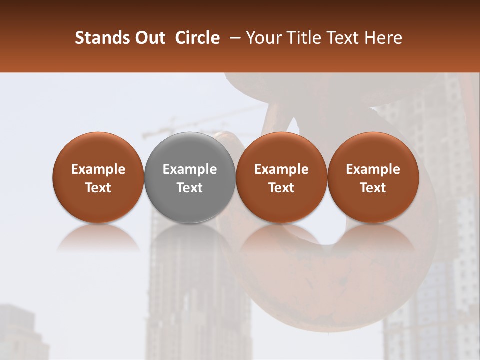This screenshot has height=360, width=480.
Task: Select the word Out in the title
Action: point(150,38)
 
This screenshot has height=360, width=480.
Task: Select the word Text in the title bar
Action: point(343,38)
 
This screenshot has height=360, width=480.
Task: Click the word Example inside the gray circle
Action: point(190,169)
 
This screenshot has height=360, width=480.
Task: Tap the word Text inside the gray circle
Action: point(190,188)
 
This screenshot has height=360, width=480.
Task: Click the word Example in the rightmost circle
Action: point(373,169)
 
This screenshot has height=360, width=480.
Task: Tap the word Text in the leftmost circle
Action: point(98,188)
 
